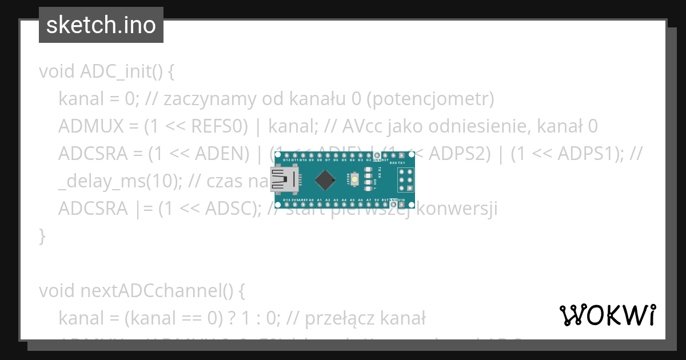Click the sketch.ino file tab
(x=101, y=25)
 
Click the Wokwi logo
(x=608, y=315)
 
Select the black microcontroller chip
(x=325, y=180)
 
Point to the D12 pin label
(x=286, y=160)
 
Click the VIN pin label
(x=402, y=200)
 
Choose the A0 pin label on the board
(x=311, y=200)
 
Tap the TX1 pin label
(x=401, y=163)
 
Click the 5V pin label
(x=377, y=200)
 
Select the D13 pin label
(x=286, y=200)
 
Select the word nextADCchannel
(x=130, y=291)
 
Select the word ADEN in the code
(x=220, y=154)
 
